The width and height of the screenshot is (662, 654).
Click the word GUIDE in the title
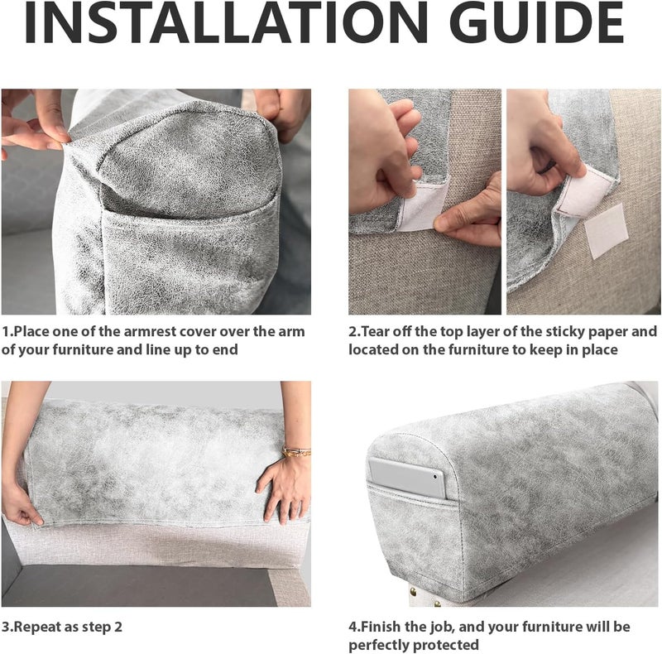537,23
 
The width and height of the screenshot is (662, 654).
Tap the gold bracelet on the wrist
297,452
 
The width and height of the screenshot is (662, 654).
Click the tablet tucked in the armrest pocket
406,478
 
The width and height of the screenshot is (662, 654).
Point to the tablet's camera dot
435,476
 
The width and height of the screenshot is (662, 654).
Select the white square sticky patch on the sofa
607,231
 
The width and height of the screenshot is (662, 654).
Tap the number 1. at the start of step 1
7,332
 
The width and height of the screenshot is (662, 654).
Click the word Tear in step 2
377,332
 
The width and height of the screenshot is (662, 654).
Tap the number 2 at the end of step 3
118,627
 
